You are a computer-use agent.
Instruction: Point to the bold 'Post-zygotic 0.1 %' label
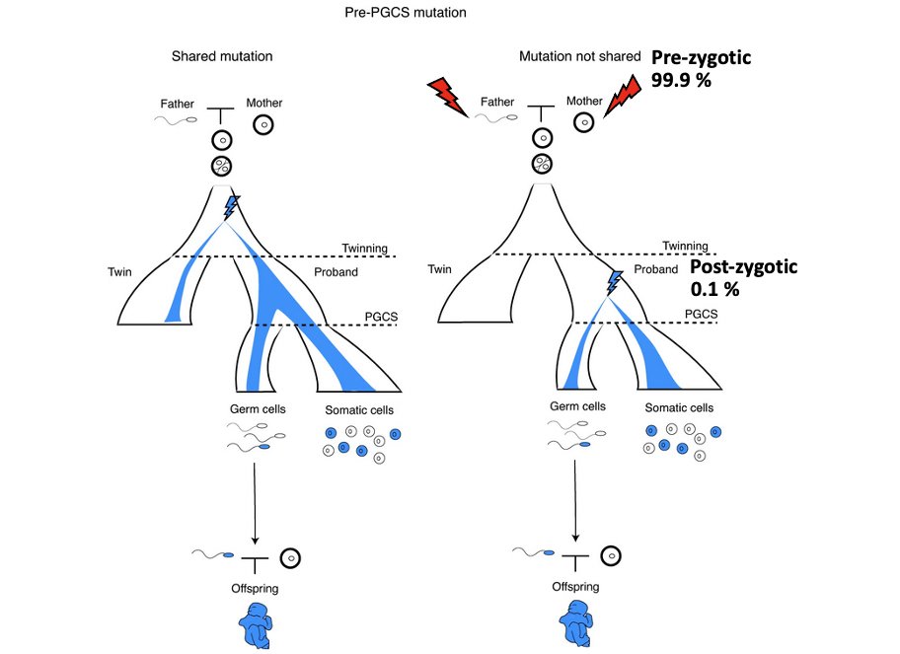[742, 277]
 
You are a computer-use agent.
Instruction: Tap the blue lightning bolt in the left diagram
[231, 206]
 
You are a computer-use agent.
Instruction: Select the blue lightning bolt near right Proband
[615, 283]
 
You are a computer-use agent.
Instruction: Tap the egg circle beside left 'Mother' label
[263, 124]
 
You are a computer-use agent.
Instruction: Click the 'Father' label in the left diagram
[179, 102]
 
